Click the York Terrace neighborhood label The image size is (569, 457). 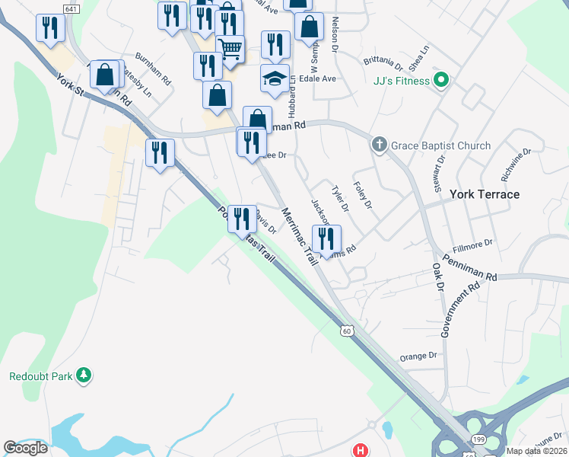point(485,194)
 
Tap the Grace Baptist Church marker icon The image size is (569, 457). point(379,145)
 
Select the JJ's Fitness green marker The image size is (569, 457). point(440,80)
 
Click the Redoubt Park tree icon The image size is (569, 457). point(84,376)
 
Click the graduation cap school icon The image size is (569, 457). point(275,78)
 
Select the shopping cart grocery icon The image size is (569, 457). point(230,49)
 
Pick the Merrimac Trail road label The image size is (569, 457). point(299,235)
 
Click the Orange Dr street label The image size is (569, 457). point(419,356)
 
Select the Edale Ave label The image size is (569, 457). point(318,78)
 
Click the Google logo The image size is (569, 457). point(26,448)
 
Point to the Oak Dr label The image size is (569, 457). point(437,278)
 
